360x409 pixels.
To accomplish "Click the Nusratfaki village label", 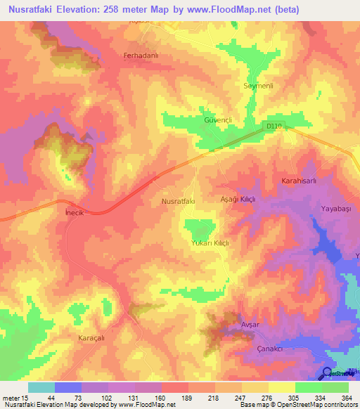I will pos(178,201).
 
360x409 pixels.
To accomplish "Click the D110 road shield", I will pos(274,126).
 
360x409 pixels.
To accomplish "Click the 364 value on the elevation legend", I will pos(345,398).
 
